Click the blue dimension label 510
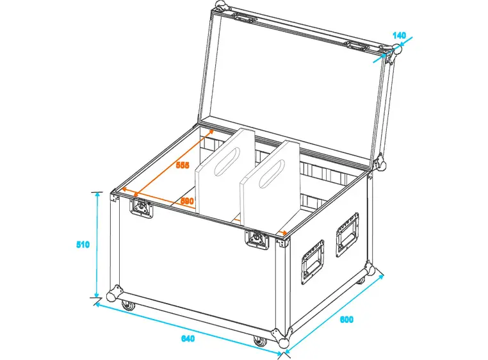coord(82,245)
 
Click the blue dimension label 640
coord(188,339)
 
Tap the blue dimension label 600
coord(346,319)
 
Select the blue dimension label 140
coord(398,37)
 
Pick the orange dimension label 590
coord(186,200)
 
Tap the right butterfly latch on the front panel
coord(257,239)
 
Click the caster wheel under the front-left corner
coord(129,306)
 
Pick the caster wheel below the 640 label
coord(259,340)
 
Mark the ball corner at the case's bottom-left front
coord(115,294)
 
